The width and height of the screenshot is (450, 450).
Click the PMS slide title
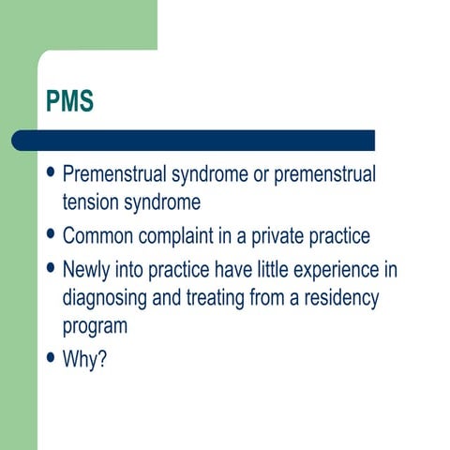coord(68,101)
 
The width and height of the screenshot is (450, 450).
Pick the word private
coord(281,235)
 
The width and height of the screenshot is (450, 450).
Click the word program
coord(94,327)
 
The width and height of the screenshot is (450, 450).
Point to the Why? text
coord(83,357)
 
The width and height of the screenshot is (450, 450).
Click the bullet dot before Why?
coord(51,357)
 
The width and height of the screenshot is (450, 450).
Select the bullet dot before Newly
coord(51,269)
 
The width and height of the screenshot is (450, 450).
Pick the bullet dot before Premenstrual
coord(51,174)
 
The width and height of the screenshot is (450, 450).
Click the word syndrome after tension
coord(167,202)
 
